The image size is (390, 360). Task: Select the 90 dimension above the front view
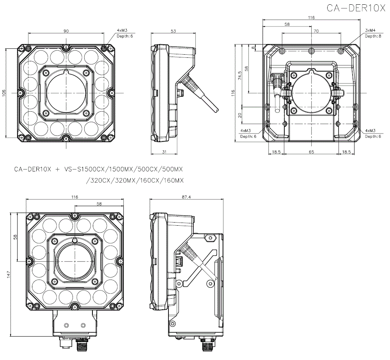pos(66,31)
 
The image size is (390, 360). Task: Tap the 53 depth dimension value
pos(173,31)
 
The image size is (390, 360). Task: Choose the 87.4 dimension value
pos(186,197)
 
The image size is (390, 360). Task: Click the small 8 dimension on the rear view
pos(253,48)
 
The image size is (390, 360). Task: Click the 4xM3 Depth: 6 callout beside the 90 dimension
pos(124,33)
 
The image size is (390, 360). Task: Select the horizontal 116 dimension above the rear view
pos(311,18)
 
